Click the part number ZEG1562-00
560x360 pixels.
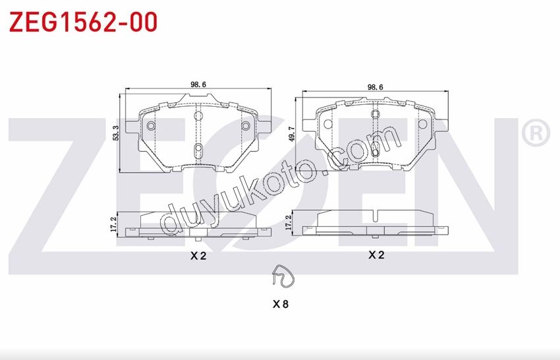click(83, 22)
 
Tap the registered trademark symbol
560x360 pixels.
click(536, 133)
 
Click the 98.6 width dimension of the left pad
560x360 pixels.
click(198, 84)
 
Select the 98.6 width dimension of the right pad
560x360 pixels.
click(375, 87)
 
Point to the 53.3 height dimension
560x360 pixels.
click(115, 133)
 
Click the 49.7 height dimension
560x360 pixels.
click(292, 134)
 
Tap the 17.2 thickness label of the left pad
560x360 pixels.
click(114, 224)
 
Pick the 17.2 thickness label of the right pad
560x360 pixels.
click(289, 222)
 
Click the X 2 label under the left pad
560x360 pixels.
click(198, 256)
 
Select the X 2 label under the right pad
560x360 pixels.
click(376, 255)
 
